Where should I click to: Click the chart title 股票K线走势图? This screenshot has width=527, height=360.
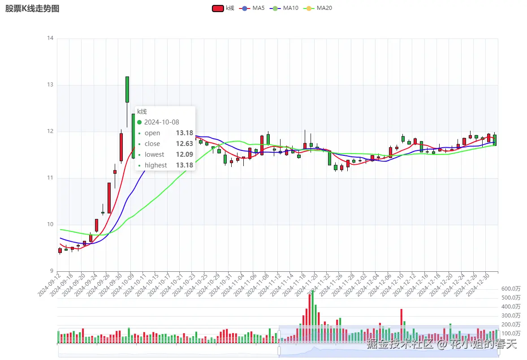[32, 9]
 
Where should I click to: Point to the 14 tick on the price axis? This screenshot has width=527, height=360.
[50, 39]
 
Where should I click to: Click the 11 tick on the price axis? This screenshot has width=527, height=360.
[50, 178]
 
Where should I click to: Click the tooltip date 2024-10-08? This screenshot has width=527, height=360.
[161, 122]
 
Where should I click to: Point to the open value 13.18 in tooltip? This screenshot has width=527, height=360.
[184, 133]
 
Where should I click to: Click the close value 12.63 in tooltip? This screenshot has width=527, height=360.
[184, 144]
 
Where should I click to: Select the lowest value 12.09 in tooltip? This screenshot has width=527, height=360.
[184, 154]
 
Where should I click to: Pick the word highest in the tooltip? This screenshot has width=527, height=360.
[156, 165]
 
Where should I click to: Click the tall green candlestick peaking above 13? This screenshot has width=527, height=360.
[127, 90]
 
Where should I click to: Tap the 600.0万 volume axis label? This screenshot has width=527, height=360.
[511, 289]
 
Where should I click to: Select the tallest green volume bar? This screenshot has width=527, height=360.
[312, 317]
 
